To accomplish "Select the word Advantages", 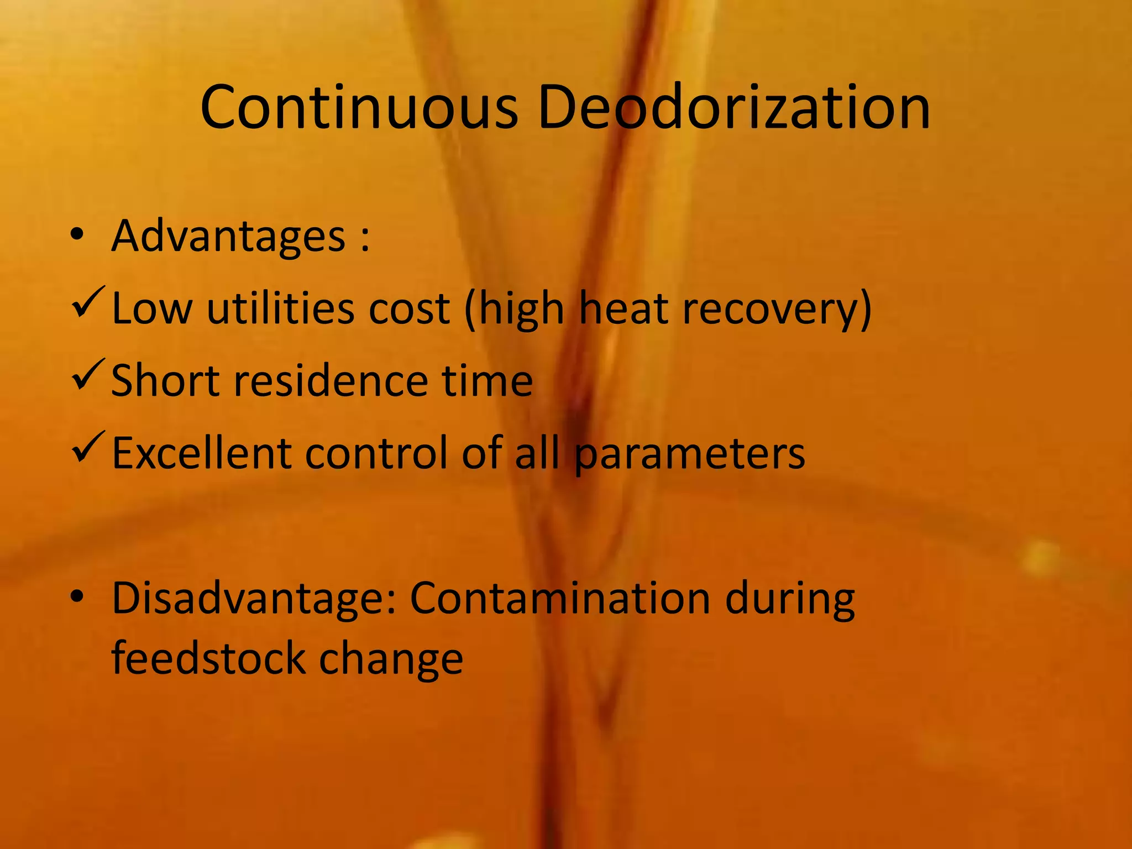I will pyautogui.click(x=228, y=237).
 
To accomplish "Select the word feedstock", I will pyautogui.click(x=208, y=658).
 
